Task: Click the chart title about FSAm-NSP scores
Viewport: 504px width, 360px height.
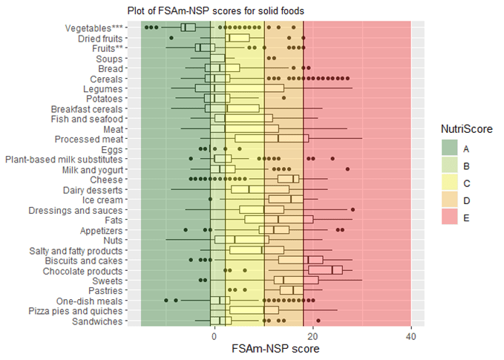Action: pyautogui.click(x=215, y=10)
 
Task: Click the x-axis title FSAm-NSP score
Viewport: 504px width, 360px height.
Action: pyautogui.click(x=275, y=348)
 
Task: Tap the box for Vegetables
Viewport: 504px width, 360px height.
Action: pyautogui.click(x=188, y=27)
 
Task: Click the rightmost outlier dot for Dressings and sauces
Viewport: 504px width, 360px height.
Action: pyautogui.click(x=353, y=209)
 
